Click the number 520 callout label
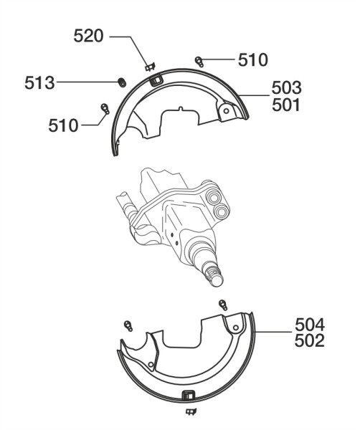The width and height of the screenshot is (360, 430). point(88,36)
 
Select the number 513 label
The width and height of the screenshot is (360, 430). point(39,83)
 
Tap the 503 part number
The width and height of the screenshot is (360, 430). point(286,87)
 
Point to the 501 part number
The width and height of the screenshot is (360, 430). point(286,105)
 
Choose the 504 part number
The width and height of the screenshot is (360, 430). point(310,325)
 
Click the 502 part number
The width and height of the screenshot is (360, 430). point(310,341)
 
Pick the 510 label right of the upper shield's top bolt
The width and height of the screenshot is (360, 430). point(252,59)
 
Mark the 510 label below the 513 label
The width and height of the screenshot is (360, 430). point(63,125)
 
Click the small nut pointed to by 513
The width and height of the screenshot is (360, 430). point(122,82)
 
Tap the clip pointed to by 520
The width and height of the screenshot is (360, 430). point(150,67)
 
